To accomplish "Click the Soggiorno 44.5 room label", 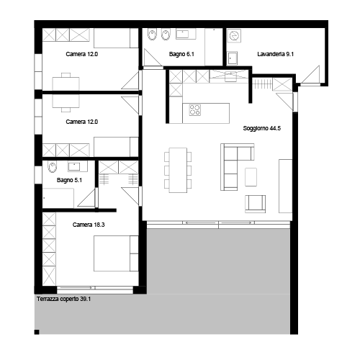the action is click(x=262, y=128).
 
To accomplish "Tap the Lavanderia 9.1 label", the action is click(x=276, y=54).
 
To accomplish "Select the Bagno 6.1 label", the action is click(x=181, y=54).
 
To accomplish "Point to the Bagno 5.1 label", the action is click(x=69, y=180).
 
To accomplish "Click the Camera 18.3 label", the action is click(x=89, y=225).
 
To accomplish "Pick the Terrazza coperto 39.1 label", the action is click(x=63, y=299).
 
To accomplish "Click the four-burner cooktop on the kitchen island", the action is click(x=194, y=110).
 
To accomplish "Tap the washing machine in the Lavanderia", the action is click(x=234, y=36).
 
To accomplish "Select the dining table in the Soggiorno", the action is click(x=178, y=170).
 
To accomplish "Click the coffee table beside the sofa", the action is click(x=251, y=177).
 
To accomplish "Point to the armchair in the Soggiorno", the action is click(x=255, y=204).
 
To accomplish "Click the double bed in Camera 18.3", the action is click(x=116, y=253).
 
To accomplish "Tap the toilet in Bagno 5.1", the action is click(x=53, y=167).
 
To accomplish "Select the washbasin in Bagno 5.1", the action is click(x=74, y=166).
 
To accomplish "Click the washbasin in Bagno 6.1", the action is click(x=186, y=34).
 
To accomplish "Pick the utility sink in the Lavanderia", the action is click(x=232, y=58).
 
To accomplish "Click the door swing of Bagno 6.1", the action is click(x=152, y=58).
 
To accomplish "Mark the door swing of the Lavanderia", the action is click(x=311, y=75).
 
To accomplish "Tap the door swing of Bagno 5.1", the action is click(x=86, y=198).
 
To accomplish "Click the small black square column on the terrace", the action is click(x=37, y=332).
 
